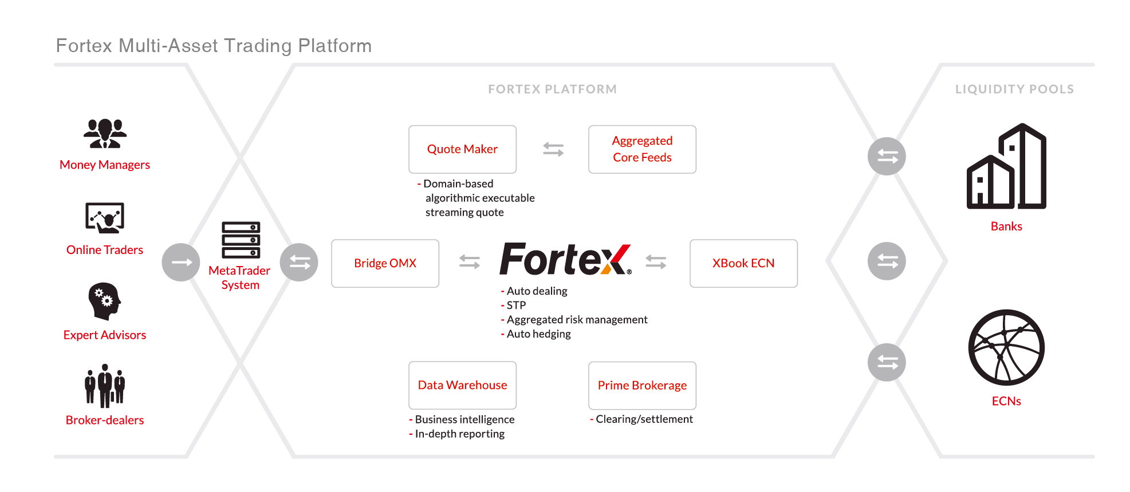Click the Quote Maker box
pyautogui.click(x=462, y=149)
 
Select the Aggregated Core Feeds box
pyautogui.click(x=642, y=149)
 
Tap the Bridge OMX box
pyautogui.click(x=385, y=263)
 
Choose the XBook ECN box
pyautogui.click(x=743, y=263)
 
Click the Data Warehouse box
pyautogui.click(x=462, y=385)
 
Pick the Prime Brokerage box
pyautogui.click(x=642, y=385)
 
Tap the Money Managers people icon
pyautogui.click(x=105, y=133)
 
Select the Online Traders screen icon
pyautogui.click(x=105, y=218)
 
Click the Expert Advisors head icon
pyautogui.click(x=105, y=301)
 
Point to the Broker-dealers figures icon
pyautogui.click(x=105, y=386)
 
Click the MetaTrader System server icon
pyautogui.click(x=241, y=240)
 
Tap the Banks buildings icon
pyautogui.click(x=1006, y=166)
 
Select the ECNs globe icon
pyautogui.click(x=1006, y=347)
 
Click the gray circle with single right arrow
pyautogui.click(x=181, y=262)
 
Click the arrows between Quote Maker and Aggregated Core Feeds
pyautogui.click(x=553, y=149)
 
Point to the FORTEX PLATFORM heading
pyautogui.click(x=552, y=89)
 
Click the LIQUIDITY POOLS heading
pyautogui.click(x=1014, y=89)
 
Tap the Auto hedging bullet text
pyautogui.click(x=538, y=334)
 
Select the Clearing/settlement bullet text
pyautogui.click(x=644, y=419)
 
